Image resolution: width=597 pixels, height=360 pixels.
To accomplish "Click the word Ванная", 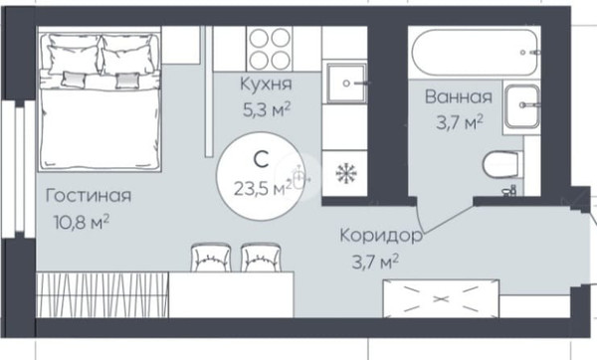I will click(x=458, y=97).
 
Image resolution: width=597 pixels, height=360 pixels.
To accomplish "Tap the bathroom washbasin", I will click(x=522, y=107).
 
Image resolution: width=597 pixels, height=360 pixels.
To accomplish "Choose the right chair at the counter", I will click(x=261, y=259).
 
